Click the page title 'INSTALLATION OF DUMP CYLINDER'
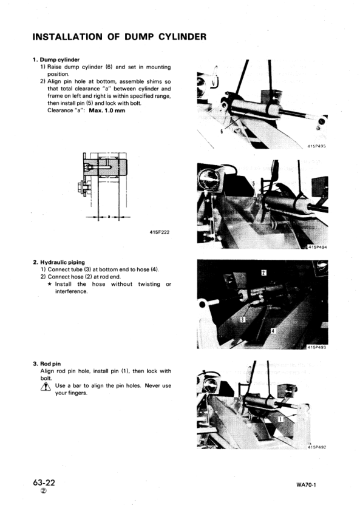click(x=120, y=38)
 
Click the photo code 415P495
click(x=316, y=146)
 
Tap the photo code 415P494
click(x=316, y=247)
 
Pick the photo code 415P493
click(x=316, y=347)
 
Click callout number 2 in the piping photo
click(x=263, y=273)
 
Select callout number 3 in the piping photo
click(x=242, y=319)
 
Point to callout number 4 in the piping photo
click(x=273, y=331)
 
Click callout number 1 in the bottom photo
click(x=280, y=419)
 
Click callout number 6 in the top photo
click(x=222, y=132)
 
